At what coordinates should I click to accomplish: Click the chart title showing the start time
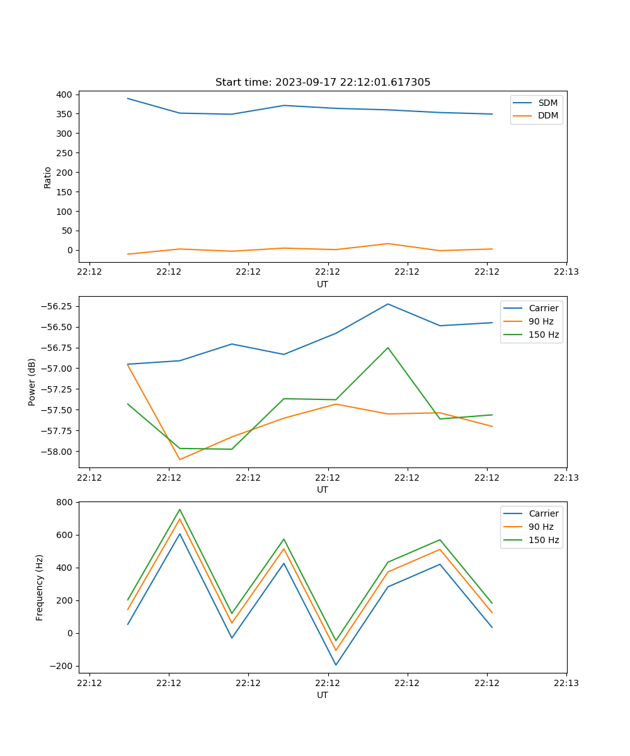coord(323,83)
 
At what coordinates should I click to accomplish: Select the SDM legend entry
coord(547,103)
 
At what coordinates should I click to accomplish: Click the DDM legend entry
coord(547,115)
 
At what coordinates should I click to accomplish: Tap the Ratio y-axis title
coord(48,178)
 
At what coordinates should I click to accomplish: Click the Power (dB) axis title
coord(32,382)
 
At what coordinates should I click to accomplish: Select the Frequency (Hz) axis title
coord(40,587)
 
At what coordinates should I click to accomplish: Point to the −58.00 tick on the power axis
coord(58,452)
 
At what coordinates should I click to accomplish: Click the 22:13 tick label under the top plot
coord(566,272)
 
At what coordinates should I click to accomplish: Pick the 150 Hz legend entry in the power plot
coord(544,335)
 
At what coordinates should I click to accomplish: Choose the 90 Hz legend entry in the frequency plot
coord(541,527)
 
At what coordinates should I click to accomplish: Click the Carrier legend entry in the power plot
coord(543,309)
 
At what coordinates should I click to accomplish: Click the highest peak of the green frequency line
coord(180,509)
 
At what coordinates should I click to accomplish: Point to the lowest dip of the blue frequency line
coord(336,665)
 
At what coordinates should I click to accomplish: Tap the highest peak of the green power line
coord(387,348)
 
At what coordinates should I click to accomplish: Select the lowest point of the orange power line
coord(180,459)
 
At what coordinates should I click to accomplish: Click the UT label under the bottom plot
coord(323,695)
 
